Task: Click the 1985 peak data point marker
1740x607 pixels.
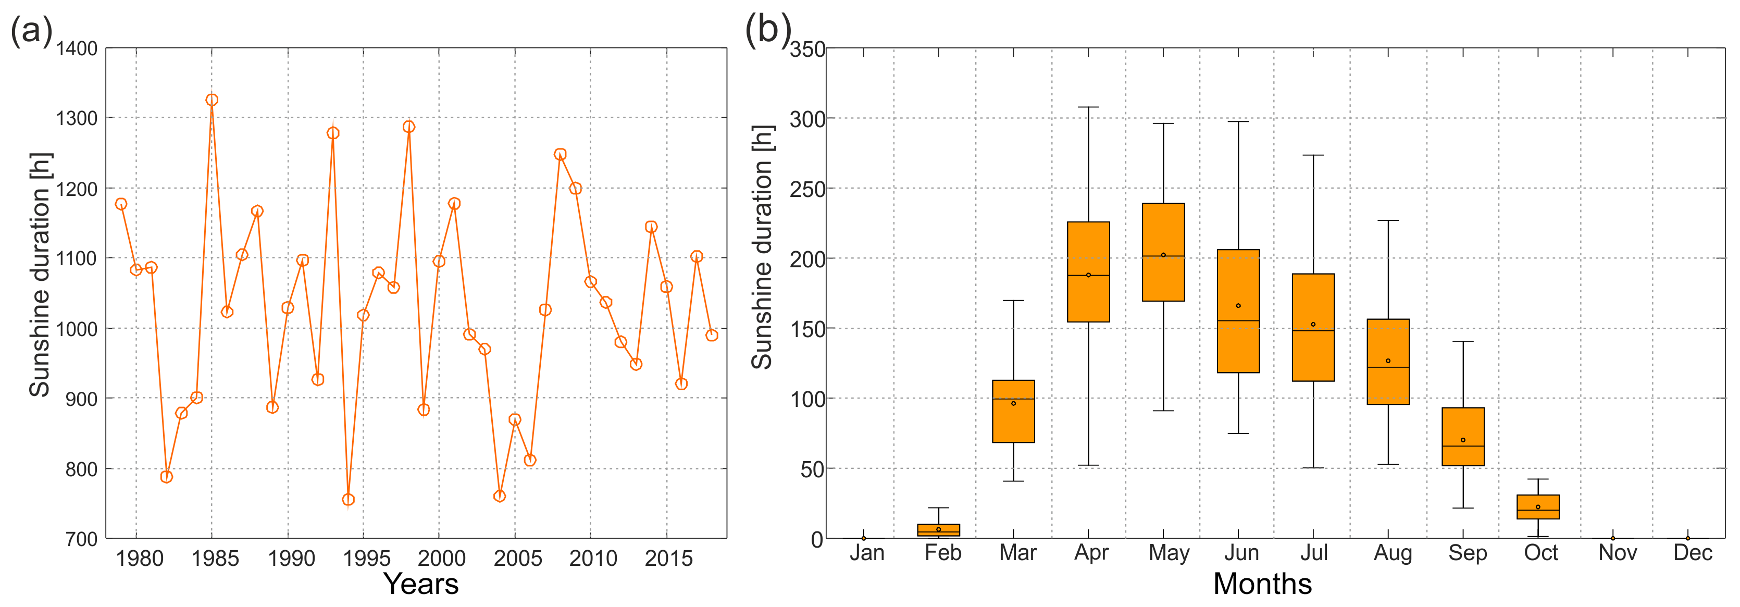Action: [212, 100]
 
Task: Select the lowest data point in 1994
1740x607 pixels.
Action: [349, 500]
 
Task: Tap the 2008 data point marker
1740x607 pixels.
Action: [560, 155]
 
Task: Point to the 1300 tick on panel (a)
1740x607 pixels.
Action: [77, 119]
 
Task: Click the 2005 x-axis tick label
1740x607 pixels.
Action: [517, 559]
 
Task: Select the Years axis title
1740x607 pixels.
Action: [421, 584]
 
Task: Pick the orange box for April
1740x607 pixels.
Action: [1088, 271]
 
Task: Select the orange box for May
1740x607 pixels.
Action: [1163, 252]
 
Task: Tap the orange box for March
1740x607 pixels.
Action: [1013, 411]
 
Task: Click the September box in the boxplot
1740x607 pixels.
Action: [1463, 436]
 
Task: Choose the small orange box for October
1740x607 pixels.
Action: [1538, 506]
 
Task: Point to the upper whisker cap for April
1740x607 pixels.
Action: [1088, 107]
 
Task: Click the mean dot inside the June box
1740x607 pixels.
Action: [1238, 306]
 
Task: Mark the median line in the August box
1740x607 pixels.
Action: [1388, 367]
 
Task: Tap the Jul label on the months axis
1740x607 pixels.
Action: [1314, 553]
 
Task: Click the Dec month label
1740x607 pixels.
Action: [1692, 553]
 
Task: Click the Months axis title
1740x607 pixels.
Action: [1262, 584]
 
